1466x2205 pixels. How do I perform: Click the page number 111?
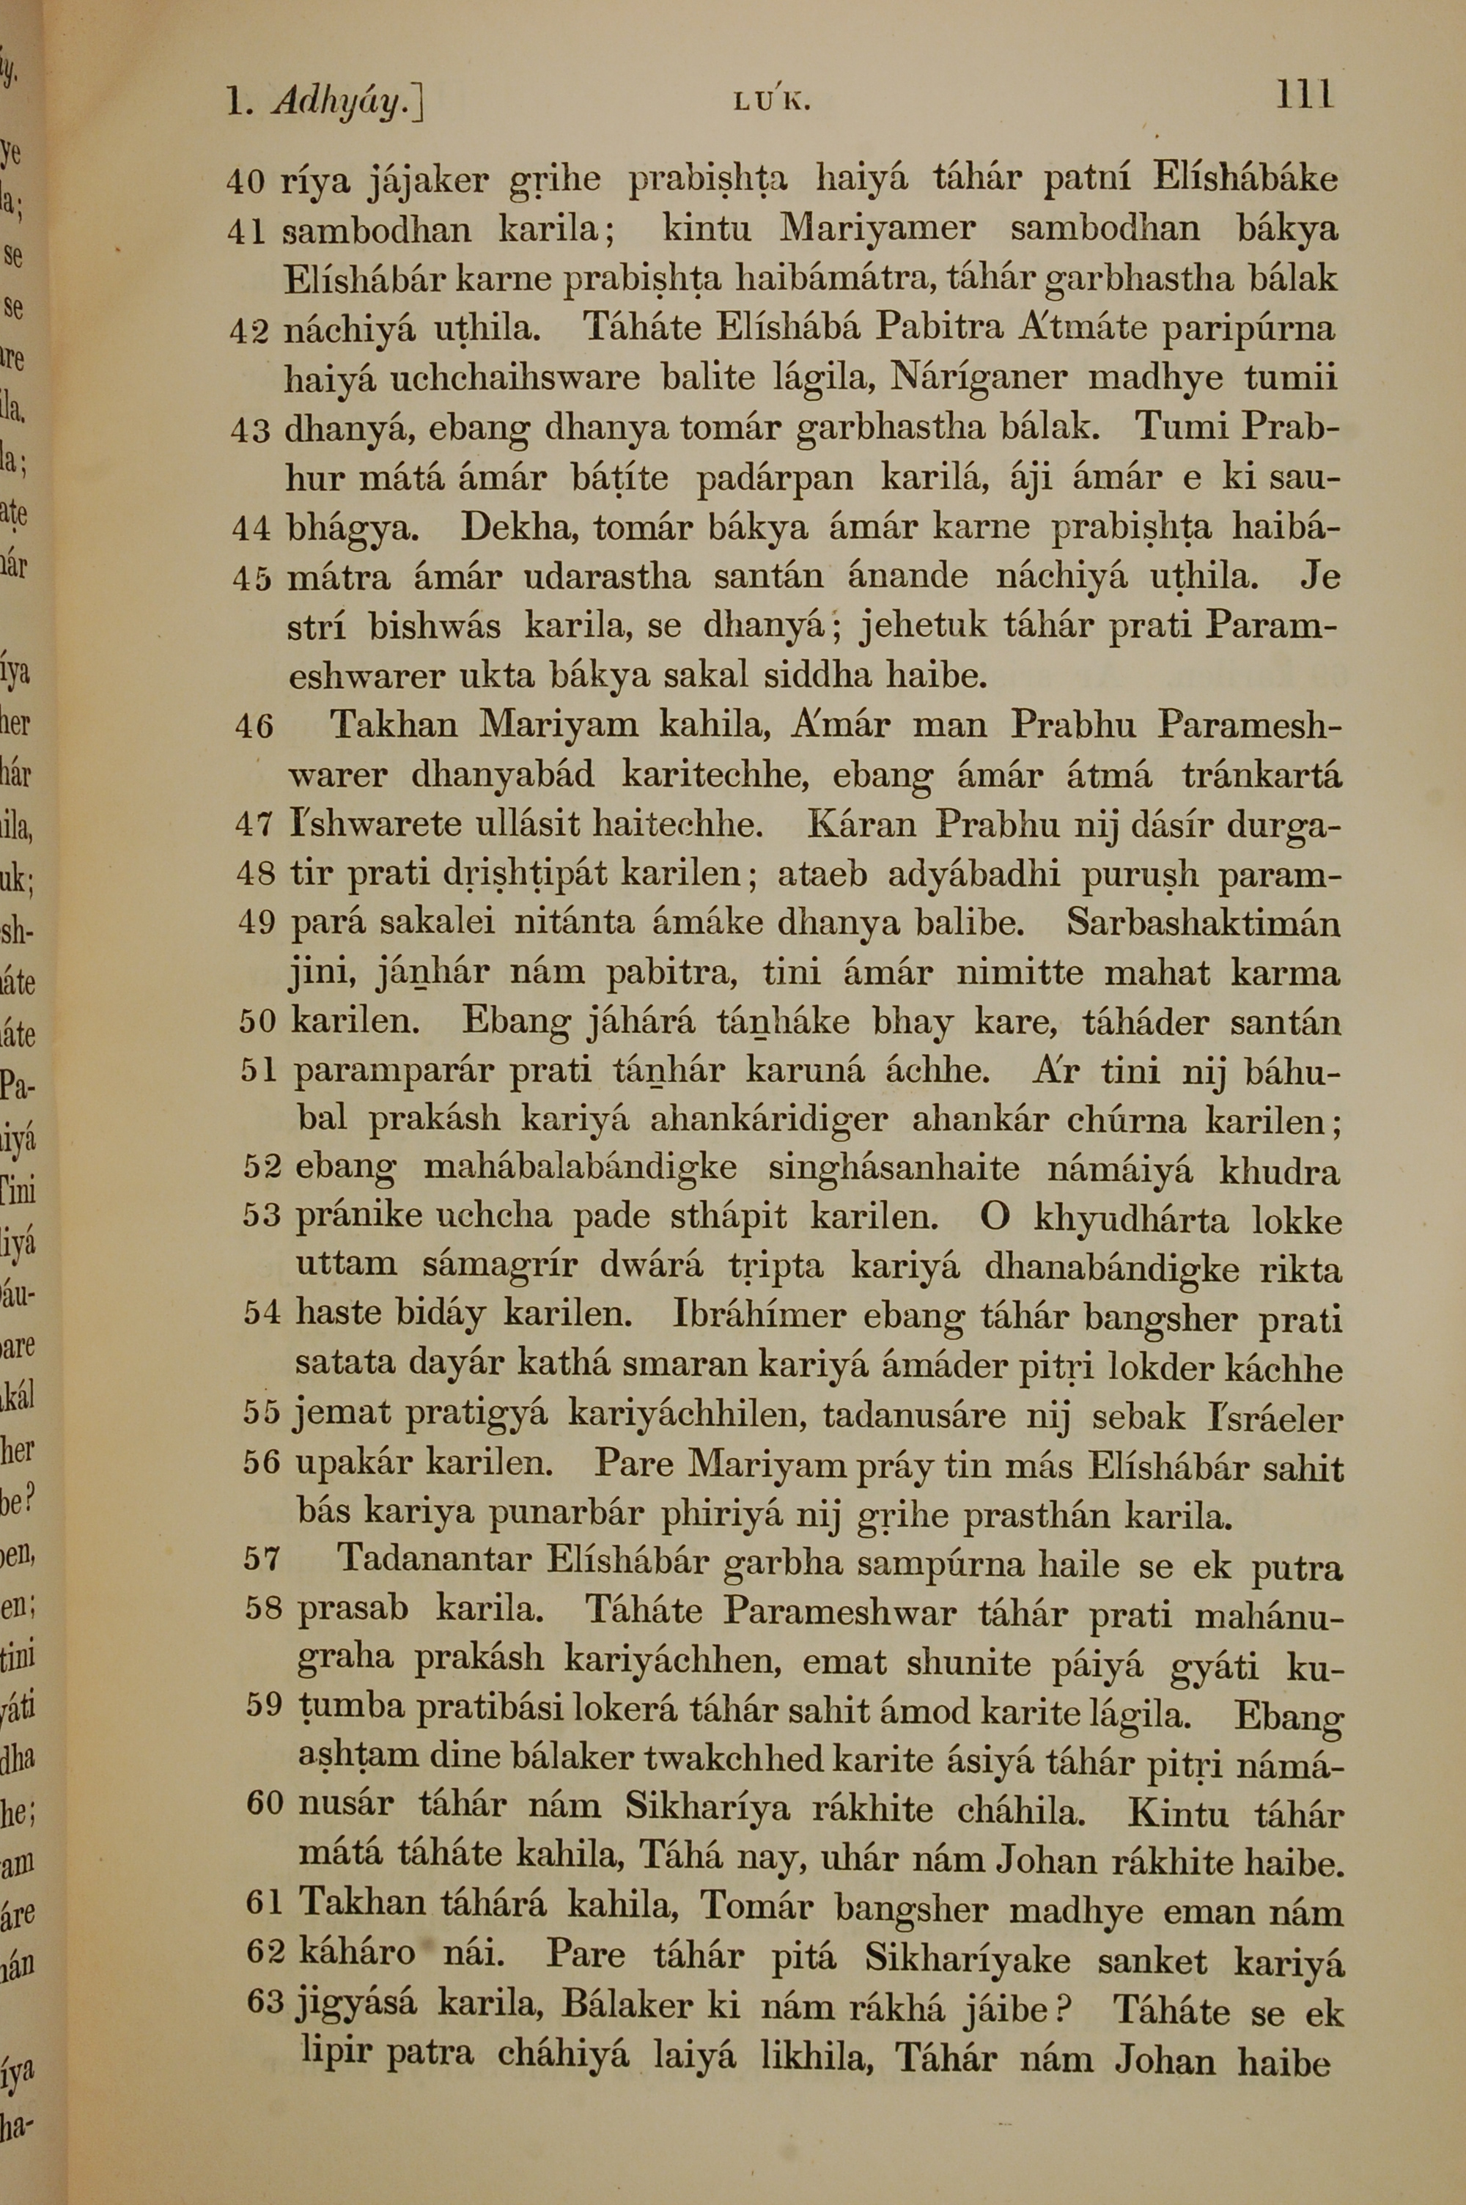pos(1303,95)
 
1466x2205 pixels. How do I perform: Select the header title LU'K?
pos(771,102)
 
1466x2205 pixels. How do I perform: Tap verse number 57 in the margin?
pos(262,1558)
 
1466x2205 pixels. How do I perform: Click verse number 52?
pos(262,1168)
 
